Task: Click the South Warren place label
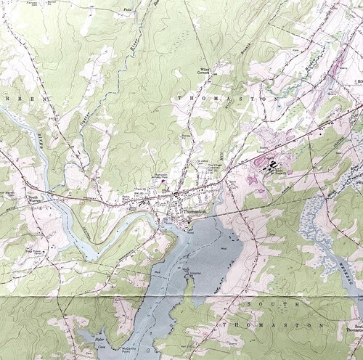click(33, 198)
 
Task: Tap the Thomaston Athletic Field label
click(163, 178)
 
